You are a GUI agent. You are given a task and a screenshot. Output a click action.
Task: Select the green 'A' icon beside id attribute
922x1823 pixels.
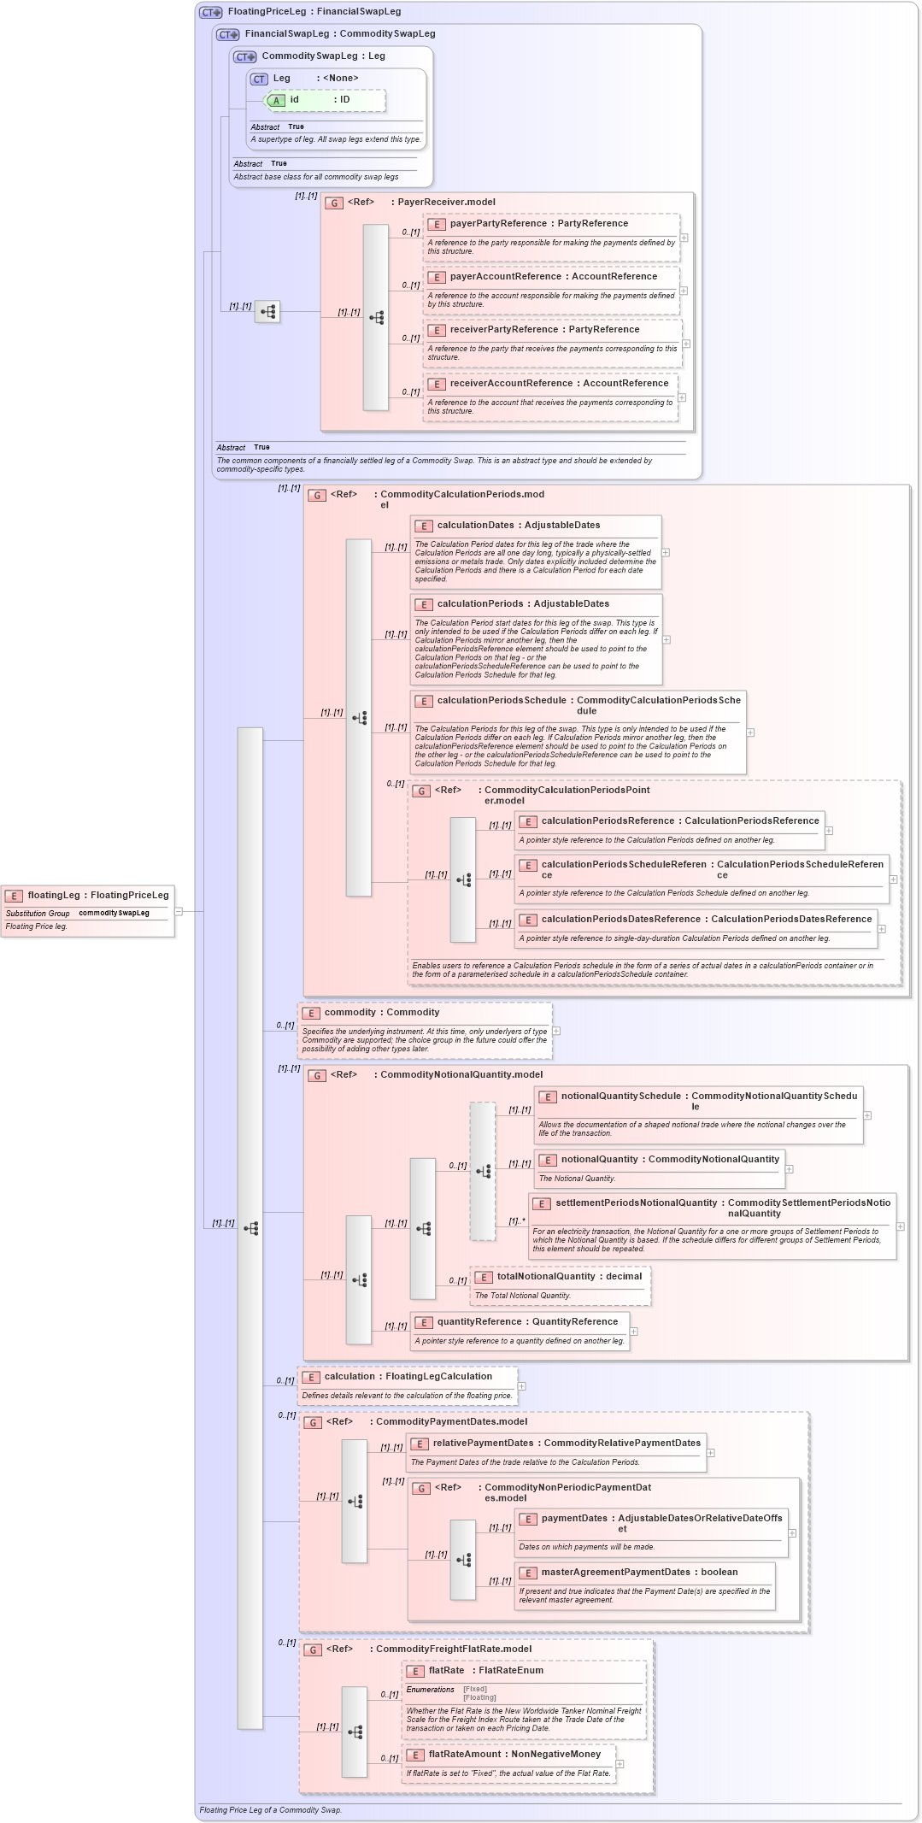[276, 101]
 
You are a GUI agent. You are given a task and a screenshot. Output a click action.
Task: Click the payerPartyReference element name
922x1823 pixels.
[498, 224]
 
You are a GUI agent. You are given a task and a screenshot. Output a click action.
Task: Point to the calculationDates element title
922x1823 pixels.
[475, 526]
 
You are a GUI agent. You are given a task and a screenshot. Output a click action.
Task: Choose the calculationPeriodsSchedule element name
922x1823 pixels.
[502, 701]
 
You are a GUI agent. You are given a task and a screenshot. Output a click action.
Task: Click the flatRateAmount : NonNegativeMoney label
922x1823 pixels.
[514, 1755]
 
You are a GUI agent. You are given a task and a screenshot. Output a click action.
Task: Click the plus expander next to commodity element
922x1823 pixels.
[556, 1031]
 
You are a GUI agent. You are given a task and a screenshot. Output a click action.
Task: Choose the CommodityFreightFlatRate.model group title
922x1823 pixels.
[453, 1650]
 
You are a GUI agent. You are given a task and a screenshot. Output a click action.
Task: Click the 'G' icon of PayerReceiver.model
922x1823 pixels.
[335, 203]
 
